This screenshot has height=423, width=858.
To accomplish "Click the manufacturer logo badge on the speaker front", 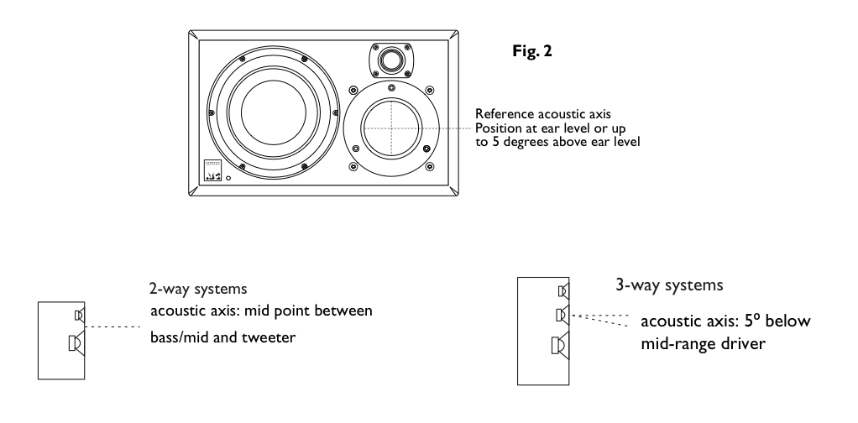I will [213, 170].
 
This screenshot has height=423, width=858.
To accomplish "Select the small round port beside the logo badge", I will [230, 178].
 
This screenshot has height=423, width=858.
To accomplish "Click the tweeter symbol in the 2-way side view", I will [78, 316].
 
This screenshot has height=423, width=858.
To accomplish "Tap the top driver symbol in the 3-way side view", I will [564, 292].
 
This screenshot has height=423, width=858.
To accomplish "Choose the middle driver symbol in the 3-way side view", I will [564, 316].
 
